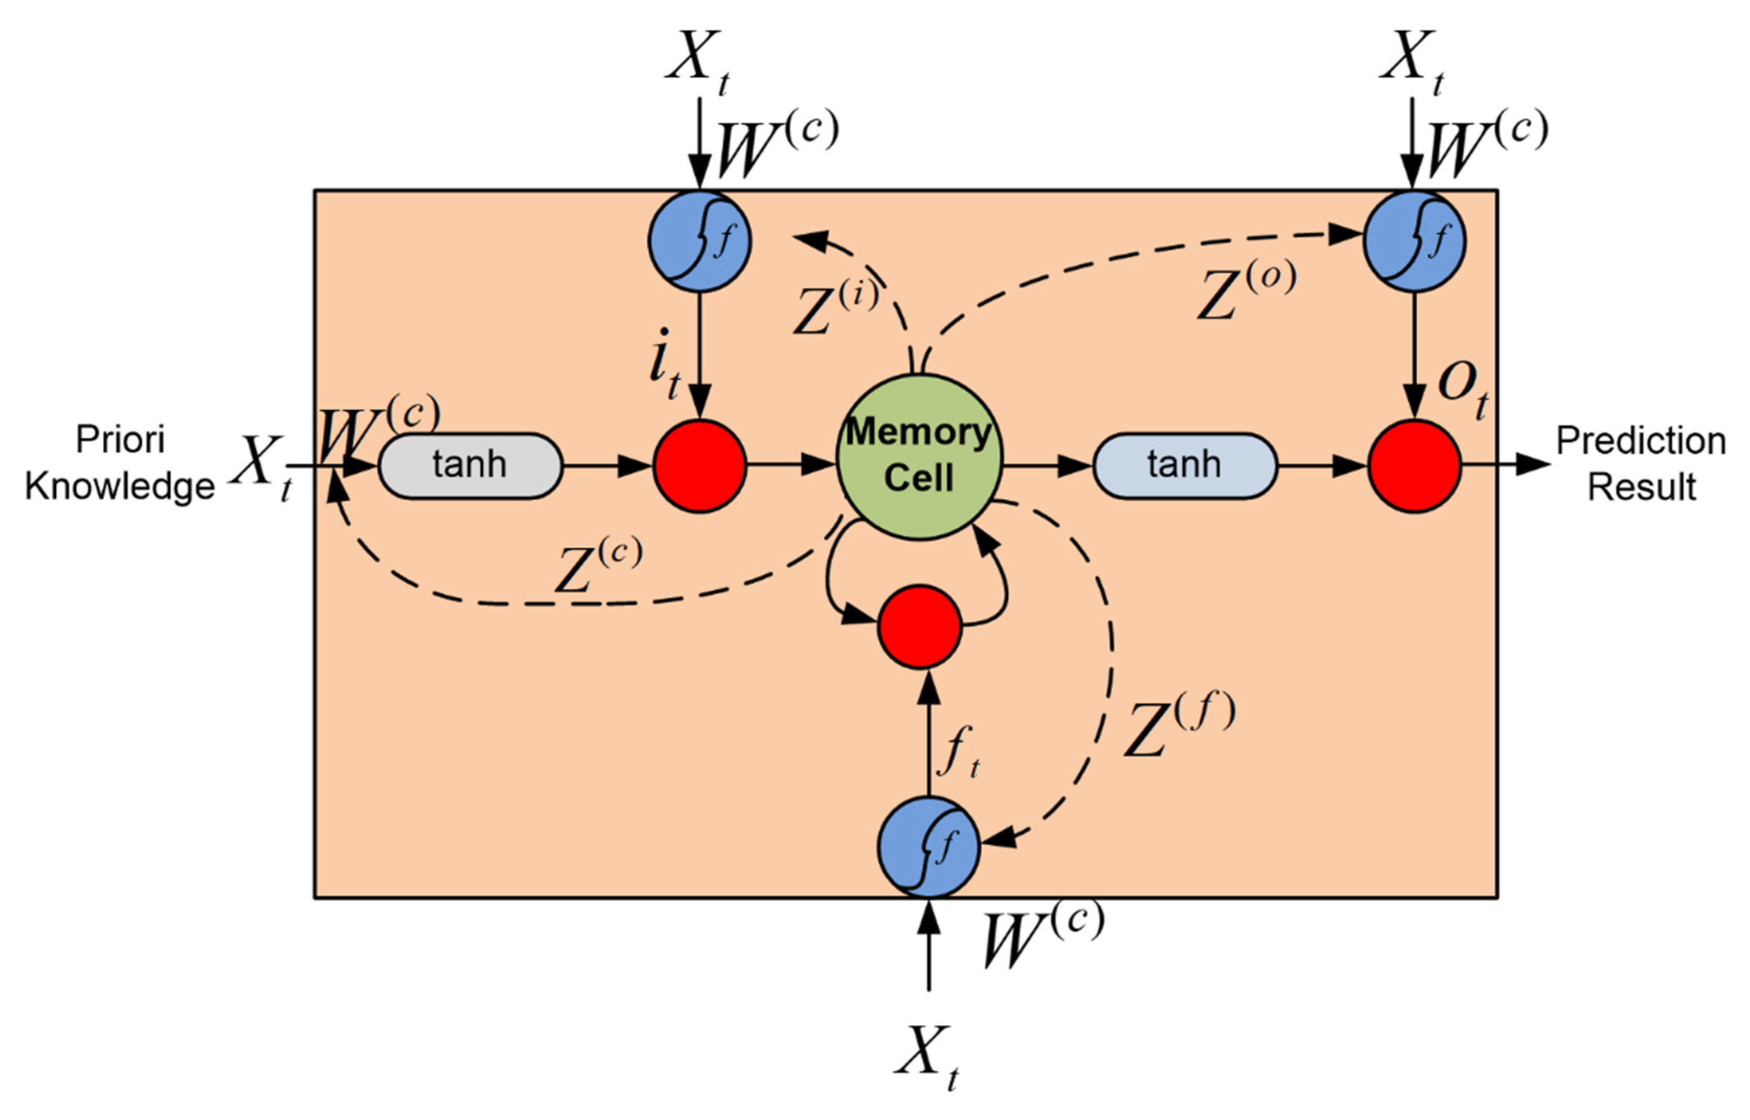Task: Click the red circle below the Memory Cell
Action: pyautogui.click(x=919, y=626)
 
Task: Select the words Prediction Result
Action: pyautogui.click(x=1641, y=463)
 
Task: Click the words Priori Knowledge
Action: pyautogui.click(x=120, y=463)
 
